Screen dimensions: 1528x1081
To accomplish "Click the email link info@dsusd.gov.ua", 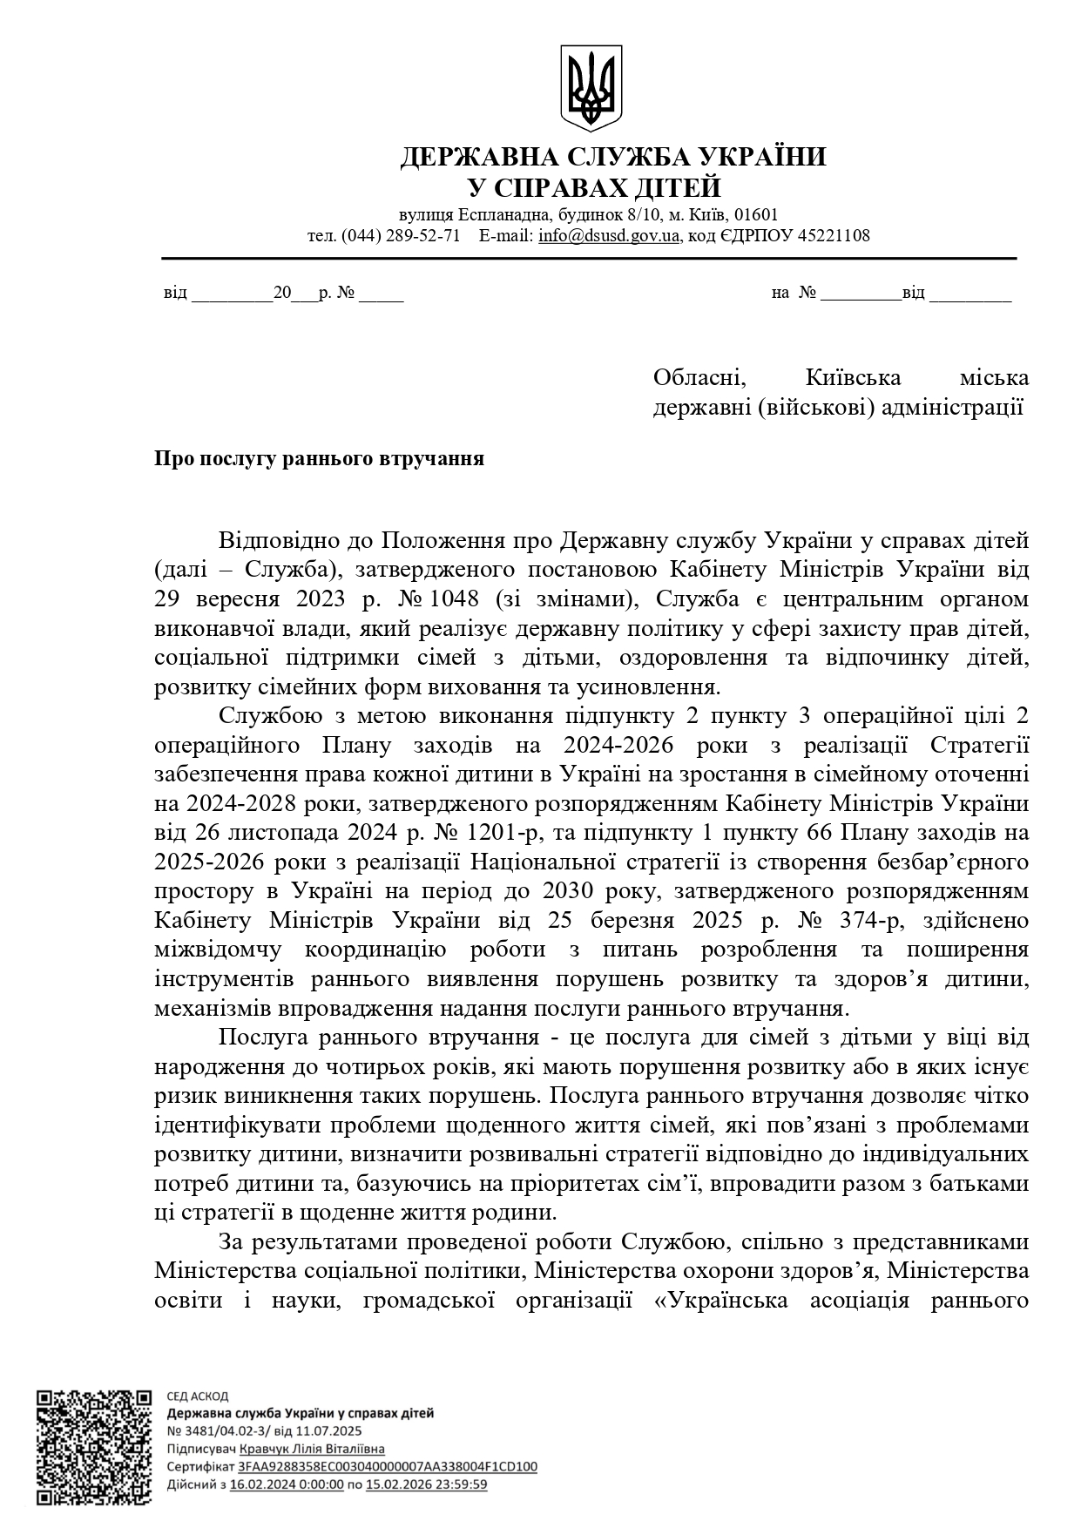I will [608, 236].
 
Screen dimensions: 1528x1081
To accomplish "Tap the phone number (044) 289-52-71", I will [401, 236].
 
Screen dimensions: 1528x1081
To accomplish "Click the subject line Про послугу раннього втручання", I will [319, 459].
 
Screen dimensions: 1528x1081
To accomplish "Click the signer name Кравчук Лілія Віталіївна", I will [312, 1449].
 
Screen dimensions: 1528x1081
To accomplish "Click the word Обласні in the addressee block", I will [699, 378].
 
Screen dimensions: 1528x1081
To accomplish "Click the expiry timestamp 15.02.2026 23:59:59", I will [426, 1484].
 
